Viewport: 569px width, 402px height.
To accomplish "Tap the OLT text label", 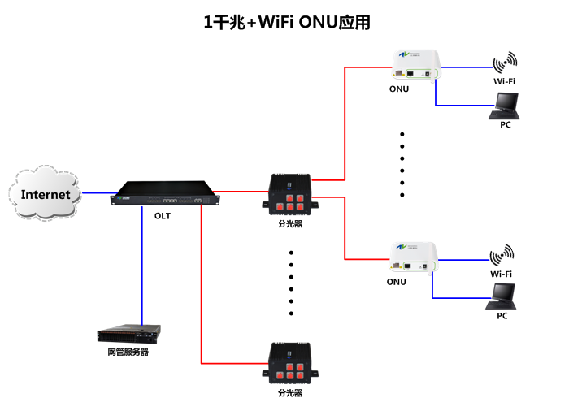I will pyautogui.click(x=163, y=216).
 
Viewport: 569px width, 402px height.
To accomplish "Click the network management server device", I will pyautogui.click(x=128, y=333).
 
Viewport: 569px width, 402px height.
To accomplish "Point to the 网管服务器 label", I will pyautogui.click(x=128, y=352).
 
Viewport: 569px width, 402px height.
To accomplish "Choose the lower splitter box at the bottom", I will pyautogui.click(x=289, y=364).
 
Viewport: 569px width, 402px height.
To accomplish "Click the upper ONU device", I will pyautogui.click(x=415, y=66).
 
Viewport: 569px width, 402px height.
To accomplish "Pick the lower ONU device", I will pyautogui.click(x=415, y=257).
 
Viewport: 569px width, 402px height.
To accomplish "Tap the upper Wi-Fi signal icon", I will pyautogui.click(x=504, y=63).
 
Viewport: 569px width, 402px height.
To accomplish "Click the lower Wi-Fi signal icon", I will pyautogui.click(x=502, y=255).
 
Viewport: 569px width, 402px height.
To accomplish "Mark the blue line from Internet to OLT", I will pyautogui.click(x=96, y=193).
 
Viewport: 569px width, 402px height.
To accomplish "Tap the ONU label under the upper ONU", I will pyautogui.click(x=398, y=89).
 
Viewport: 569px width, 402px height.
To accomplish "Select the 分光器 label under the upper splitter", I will pyautogui.click(x=289, y=223).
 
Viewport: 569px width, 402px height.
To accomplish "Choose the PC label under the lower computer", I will pyautogui.click(x=502, y=315).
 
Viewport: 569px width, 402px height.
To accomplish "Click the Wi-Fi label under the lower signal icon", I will pyautogui.click(x=501, y=274).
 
